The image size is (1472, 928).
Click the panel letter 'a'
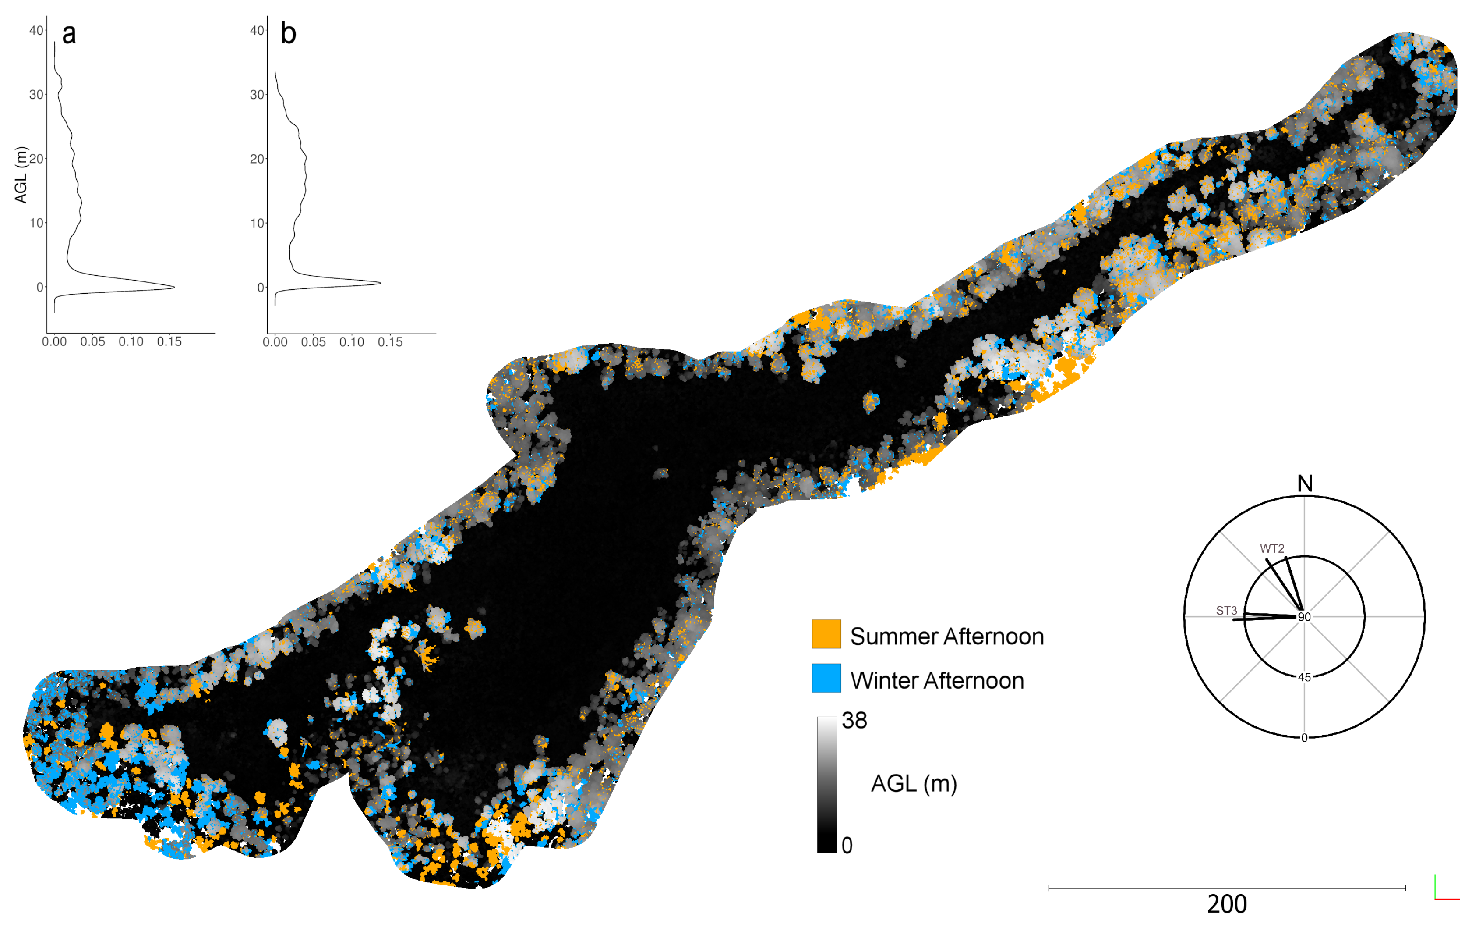pos(69,34)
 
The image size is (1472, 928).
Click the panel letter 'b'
pos(288,34)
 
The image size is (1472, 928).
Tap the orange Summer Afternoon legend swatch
pos(826,634)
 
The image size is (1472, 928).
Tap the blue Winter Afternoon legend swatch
pos(826,678)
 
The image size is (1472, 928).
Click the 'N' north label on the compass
pos(1305,483)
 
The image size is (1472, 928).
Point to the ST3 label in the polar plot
pos(1226,611)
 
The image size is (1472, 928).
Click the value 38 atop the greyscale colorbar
pos(854,721)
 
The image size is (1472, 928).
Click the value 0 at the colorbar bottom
pos(847,846)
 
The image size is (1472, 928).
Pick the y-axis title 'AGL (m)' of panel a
pos(21,175)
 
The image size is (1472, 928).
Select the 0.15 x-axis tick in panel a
pos(169,342)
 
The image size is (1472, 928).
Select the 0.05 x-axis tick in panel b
pos(313,342)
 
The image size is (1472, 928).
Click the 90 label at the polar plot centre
pos(1305,617)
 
